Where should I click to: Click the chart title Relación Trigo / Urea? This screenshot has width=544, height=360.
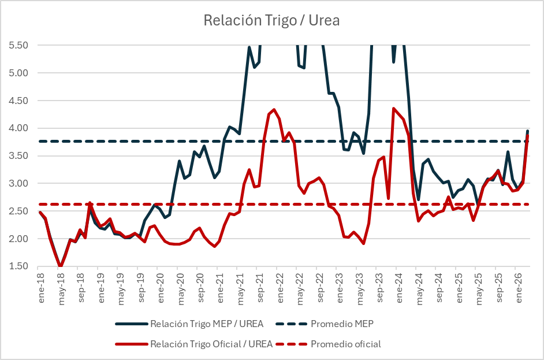(271, 21)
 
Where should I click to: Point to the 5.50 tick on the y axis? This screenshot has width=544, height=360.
(18, 45)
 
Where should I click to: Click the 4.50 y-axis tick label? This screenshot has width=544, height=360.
(18, 101)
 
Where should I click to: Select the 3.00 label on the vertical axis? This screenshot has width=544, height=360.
(18, 184)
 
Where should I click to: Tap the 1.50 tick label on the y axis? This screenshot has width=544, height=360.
(18, 266)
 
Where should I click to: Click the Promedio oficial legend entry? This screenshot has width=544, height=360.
(345, 344)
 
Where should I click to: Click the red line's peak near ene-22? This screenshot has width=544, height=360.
(274, 109)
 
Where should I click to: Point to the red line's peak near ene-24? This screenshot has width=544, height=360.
(393, 108)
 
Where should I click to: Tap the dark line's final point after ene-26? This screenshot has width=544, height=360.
(527, 131)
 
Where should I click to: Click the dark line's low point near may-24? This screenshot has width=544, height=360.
(418, 199)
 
